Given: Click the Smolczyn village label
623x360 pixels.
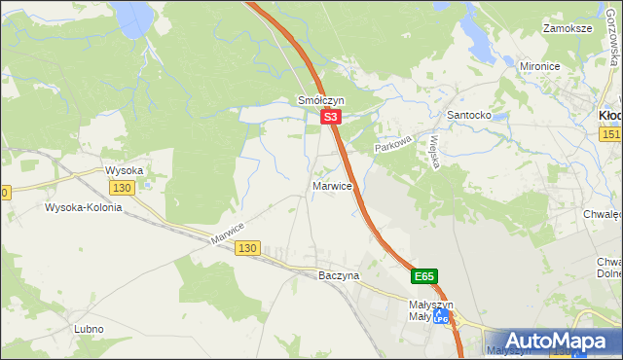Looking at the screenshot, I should pyautogui.click(x=320, y=100).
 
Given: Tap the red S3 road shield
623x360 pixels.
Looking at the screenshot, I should pyautogui.click(x=331, y=117).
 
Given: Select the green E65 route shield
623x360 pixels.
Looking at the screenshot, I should pyautogui.click(x=423, y=277).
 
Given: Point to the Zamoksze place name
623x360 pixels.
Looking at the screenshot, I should pyautogui.click(x=569, y=29).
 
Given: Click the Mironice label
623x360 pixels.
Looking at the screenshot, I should pyautogui.click(x=544, y=66).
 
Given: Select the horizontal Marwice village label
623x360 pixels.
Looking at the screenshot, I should pyautogui.click(x=332, y=185).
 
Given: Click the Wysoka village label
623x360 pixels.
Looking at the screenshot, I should pyautogui.click(x=125, y=170).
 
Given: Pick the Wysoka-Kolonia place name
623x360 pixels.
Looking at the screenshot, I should pyautogui.click(x=83, y=207).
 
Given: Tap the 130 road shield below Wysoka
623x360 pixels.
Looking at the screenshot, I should pyautogui.click(x=122, y=188).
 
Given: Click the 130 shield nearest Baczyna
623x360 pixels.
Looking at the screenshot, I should pyautogui.click(x=247, y=249).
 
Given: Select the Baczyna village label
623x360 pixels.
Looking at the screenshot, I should pyautogui.click(x=339, y=275).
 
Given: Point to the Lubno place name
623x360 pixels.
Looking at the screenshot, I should pyautogui.click(x=89, y=329).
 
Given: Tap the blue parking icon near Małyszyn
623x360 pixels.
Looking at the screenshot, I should pyautogui.click(x=442, y=317).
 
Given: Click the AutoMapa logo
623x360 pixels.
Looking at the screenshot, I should pyautogui.click(x=557, y=341).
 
